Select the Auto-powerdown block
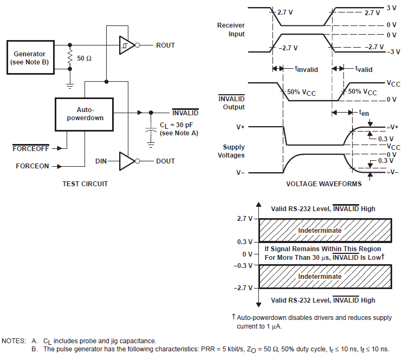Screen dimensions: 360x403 84,114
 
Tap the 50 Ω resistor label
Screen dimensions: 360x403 84,57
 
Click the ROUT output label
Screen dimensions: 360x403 165,45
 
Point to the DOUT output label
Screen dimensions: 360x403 165,161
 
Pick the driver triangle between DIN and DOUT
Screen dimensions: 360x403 127,161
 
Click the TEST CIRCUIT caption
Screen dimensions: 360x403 84,184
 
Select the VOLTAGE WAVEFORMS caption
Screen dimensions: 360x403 323,184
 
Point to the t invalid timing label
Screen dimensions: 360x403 306,69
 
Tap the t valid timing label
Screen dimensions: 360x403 363,69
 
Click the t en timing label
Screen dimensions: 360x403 364,112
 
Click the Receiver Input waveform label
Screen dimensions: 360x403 231,30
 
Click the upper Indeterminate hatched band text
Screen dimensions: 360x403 320,230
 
